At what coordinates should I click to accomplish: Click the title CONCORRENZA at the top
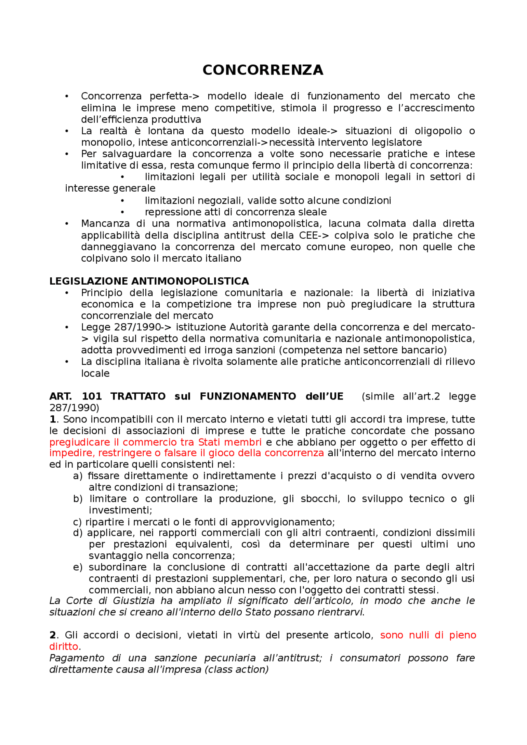point(263,70)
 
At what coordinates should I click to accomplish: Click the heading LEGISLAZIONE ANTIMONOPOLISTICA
point(149,281)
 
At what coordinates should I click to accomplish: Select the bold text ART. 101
point(75,397)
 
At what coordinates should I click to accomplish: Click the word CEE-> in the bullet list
point(314,236)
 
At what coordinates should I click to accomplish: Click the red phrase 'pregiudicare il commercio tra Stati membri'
point(155,442)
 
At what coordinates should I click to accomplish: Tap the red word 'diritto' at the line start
point(63,647)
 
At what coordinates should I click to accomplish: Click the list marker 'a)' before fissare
point(77,476)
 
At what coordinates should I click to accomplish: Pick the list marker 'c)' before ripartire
point(77,522)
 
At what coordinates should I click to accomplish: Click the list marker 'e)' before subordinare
point(77,567)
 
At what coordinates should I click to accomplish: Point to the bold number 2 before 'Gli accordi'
point(52,635)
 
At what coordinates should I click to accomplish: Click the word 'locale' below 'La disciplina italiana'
point(95,374)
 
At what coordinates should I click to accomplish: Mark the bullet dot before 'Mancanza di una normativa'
point(67,224)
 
